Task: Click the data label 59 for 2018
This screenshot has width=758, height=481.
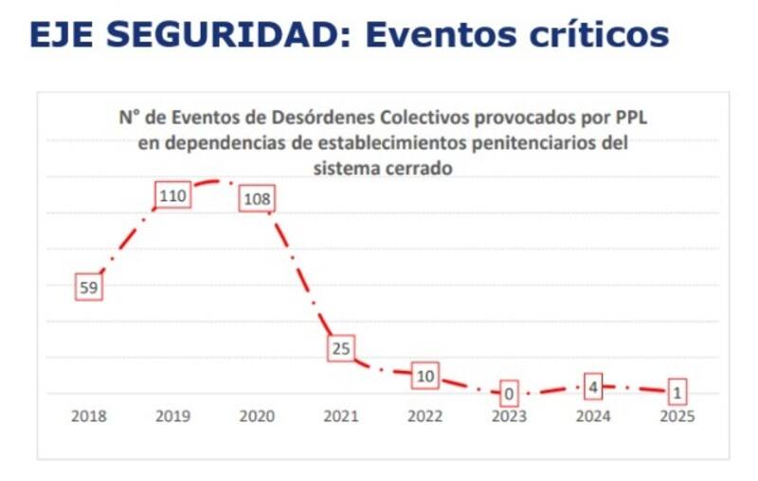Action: [88, 287]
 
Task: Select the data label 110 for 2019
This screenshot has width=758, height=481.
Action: [173, 196]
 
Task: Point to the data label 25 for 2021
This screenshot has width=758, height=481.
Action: [341, 348]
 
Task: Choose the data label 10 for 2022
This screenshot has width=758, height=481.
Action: [425, 377]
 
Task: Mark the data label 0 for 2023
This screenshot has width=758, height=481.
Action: [509, 392]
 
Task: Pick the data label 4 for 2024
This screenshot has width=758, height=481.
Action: [594, 386]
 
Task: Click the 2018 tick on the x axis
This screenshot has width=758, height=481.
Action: [89, 416]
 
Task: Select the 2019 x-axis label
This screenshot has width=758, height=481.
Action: [173, 416]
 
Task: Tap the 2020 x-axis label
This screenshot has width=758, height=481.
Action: [258, 416]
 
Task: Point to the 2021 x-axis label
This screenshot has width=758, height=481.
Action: [341, 416]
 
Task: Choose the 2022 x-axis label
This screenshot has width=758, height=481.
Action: [425, 416]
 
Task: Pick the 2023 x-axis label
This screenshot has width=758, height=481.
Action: [510, 416]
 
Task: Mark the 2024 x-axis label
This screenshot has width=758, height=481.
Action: [594, 416]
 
